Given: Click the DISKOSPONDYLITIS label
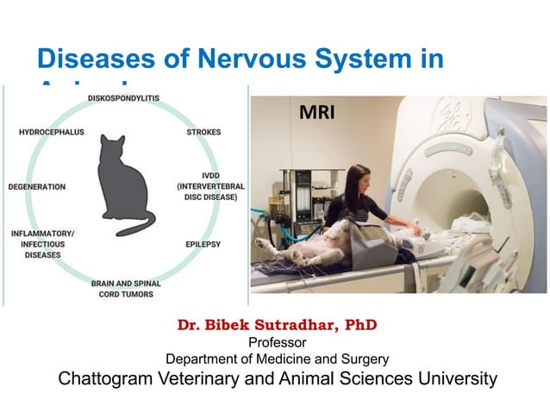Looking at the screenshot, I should coord(123,99).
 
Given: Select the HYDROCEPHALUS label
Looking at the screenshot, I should coord(52,133).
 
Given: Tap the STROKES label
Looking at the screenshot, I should coord(203,133).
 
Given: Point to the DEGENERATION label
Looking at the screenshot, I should coord(37,186).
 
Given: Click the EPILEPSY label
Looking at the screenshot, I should coord(203,244).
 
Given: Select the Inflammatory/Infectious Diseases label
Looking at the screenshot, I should coord(42,244).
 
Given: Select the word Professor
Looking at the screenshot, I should coord(277,343).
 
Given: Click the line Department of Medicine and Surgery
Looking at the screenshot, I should coord(277,359).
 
